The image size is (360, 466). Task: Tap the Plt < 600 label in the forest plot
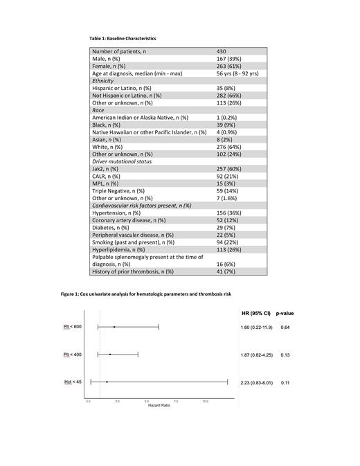pyautogui.click(x=73, y=326)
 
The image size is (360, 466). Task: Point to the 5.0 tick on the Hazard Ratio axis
pyautogui.click(x=147, y=401)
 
